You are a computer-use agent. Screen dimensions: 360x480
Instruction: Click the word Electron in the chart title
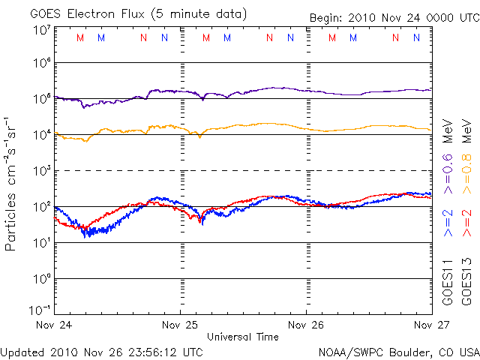(x=101, y=14)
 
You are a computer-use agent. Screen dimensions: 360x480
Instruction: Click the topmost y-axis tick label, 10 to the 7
(x=41, y=30)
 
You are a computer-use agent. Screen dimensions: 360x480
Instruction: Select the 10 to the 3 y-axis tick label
(x=41, y=170)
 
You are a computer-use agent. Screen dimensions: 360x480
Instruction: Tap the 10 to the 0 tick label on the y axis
(x=41, y=278)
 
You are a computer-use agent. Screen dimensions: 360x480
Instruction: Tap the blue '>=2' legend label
(x=448, y=222)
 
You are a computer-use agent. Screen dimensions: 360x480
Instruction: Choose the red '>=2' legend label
(x=466, y=222)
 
